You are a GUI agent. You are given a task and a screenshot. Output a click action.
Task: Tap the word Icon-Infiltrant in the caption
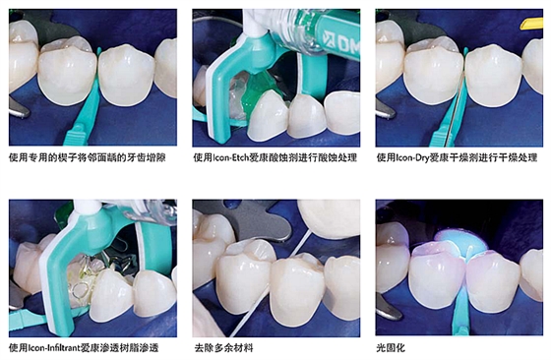click(61, 347)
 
